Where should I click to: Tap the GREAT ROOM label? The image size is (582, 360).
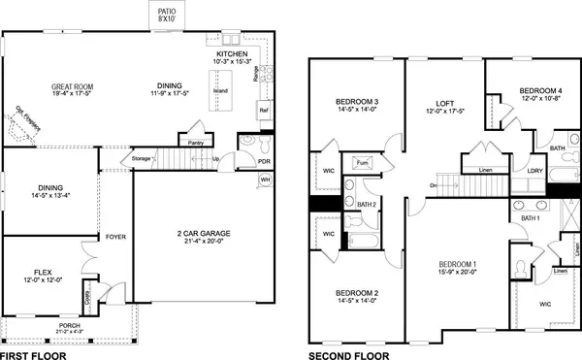coord(71,87)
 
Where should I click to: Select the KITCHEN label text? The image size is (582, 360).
coord(233,54)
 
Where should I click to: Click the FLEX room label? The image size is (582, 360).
coord(44,273)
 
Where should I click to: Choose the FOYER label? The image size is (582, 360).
coord(116,236)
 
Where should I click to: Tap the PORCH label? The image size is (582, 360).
coord(71,326)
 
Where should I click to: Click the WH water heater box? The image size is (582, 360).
coord(265,180)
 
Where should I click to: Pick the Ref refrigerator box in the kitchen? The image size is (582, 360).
coord(263,112)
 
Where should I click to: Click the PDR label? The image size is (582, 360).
coord(263,161)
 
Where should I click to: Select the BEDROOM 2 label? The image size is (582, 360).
coord(357,293)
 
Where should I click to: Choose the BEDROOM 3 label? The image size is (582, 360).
coord(357,102)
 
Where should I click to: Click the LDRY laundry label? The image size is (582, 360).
coord(535,171)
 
